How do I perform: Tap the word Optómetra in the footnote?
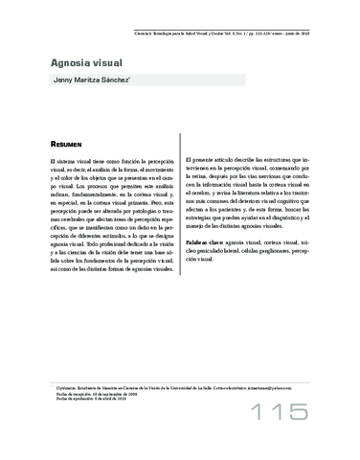[67, 378]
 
